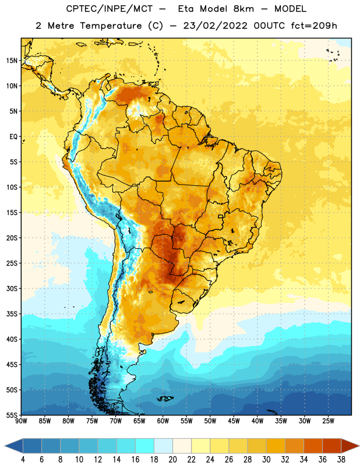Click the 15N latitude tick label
(12, 61)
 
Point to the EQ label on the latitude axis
(13, 137)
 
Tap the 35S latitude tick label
(12, 314)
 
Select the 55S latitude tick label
(12, 415)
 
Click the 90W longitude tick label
(21, 421)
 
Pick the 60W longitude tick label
(163, 421)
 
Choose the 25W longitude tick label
(328, 421)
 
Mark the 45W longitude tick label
(234, 421)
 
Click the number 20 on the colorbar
(172, 460)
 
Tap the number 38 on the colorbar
(341, 460)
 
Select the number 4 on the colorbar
(23, 460)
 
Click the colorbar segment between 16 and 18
(144, 446)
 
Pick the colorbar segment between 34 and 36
(313, 446)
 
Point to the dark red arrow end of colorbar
(349, 446)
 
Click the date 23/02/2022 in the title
(215, 26)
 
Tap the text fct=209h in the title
(314, 26)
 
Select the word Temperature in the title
(111, 26)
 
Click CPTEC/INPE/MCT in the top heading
(109, 9)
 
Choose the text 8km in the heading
(244, 9)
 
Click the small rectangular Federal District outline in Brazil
(220, 216)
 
